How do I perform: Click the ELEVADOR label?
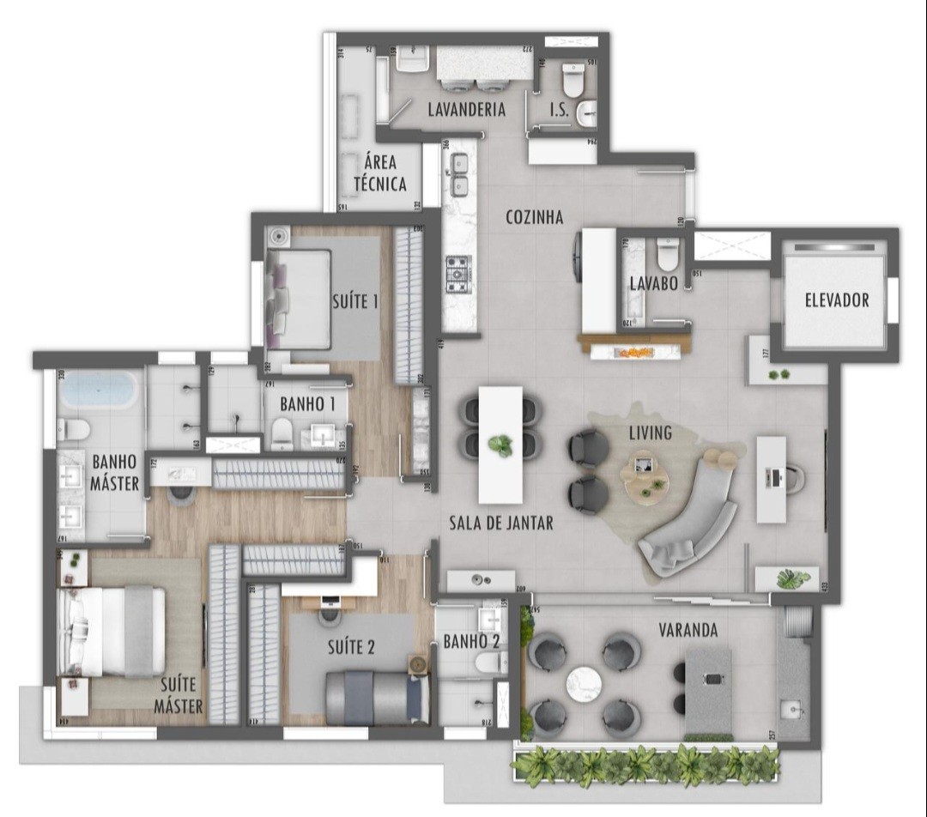(836, 300)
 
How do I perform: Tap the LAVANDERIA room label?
(466, 110)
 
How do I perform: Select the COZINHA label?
(534, 217)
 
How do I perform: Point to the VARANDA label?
(688, 630)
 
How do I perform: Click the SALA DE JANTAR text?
(501, 523)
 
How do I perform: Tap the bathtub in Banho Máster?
(100, 390)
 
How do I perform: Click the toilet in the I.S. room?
(573, 82)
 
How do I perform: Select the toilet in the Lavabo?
(667, 255)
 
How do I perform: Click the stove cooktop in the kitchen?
(457, 273)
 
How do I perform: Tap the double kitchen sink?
(459, 173)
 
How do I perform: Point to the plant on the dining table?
(500, 445)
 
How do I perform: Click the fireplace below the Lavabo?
(636, 350)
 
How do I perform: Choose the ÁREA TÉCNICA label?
(380, 172)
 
